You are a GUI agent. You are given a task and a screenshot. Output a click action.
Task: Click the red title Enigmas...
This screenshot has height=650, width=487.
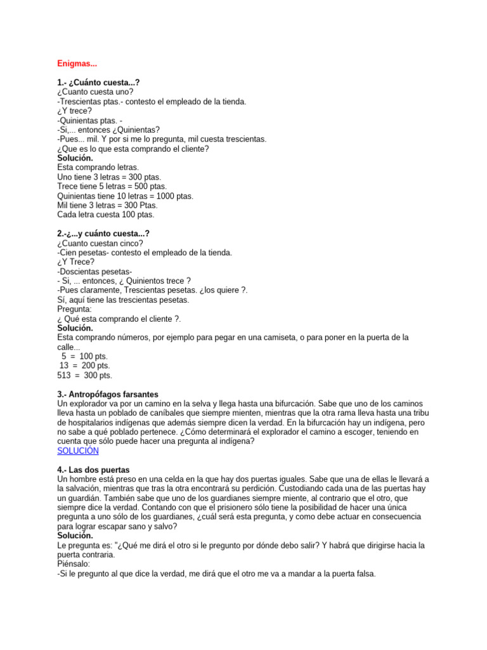coord(77,63)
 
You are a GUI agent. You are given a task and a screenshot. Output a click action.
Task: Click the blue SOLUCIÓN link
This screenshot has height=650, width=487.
coord(78,451)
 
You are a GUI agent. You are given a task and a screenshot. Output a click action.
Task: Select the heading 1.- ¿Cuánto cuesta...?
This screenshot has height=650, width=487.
coord(98,83)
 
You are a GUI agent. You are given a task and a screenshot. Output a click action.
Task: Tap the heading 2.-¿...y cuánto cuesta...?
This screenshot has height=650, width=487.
coord(103,234)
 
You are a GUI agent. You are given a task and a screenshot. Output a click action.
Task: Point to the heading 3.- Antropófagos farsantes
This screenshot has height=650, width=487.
coord(108,394)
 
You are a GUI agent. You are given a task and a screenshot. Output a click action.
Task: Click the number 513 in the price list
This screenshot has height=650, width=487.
coord(66,375)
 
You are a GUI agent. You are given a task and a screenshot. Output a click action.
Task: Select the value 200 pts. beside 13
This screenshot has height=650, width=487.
coord(94,366)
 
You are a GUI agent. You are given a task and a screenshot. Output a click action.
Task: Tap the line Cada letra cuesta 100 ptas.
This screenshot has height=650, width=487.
coord(106,215)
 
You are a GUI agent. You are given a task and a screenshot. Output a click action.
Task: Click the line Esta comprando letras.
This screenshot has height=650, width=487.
coord(98,168)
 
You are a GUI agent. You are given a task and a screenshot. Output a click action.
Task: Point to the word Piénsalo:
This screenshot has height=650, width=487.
coord(74,564)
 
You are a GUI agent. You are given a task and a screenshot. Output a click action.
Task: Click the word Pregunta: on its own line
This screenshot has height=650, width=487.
coord(74,309)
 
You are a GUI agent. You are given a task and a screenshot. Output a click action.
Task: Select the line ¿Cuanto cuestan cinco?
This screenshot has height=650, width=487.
coord(100,243)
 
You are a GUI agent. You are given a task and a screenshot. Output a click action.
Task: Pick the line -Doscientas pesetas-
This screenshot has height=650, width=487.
coord(94,271)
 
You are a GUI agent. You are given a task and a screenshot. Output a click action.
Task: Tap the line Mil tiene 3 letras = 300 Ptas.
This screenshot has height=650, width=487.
coord(108,205)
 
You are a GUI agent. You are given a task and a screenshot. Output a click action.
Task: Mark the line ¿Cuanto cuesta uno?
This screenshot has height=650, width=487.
coord(95,92)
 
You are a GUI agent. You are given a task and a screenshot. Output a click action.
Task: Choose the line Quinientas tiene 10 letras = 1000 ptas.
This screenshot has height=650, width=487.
coord(125,196)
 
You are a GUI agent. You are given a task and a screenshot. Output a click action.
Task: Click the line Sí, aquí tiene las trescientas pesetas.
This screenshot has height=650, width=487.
coord(123,300)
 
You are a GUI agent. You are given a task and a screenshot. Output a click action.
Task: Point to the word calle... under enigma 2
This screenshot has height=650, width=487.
coord(68,347)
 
